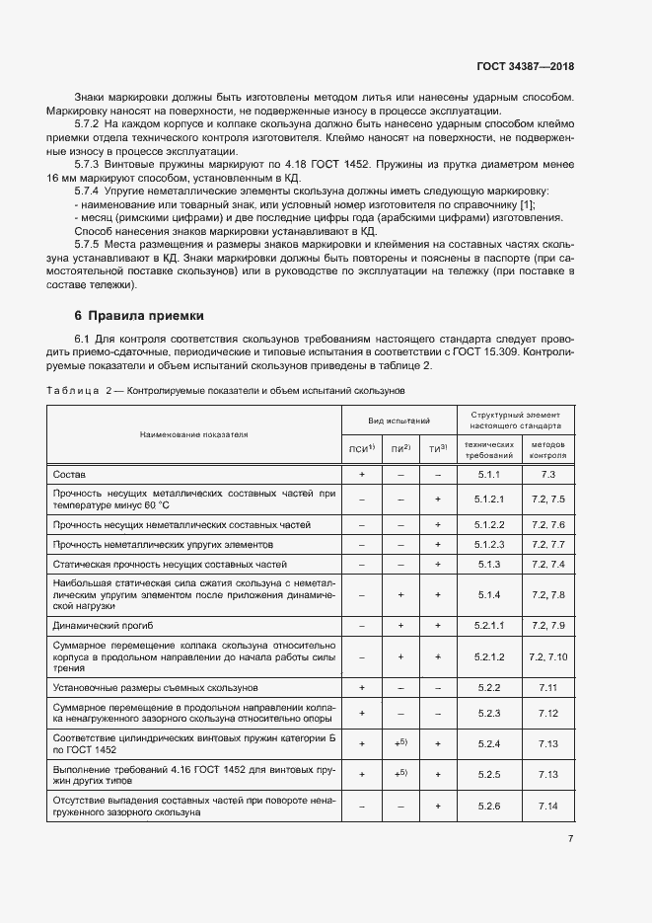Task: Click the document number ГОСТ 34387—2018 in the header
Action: pyautogui.click(x=525, y=68)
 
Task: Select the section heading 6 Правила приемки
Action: pyautogui.click(x=139, y=316)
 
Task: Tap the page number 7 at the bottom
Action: pyautogui.click(x=570, y=838)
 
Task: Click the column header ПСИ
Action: pyautogui.click(x=362, y=449)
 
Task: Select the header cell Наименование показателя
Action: pyautogui.click(x=194, y=433)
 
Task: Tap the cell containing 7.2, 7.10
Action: pyautogui.click(x=548, y=656)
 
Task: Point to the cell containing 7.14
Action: pyautogui.click(x=548, y=807)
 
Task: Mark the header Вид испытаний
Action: pyautogui.click(x=399, y=421)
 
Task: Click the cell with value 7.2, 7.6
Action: pyautogui.click(x=548, y=524)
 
